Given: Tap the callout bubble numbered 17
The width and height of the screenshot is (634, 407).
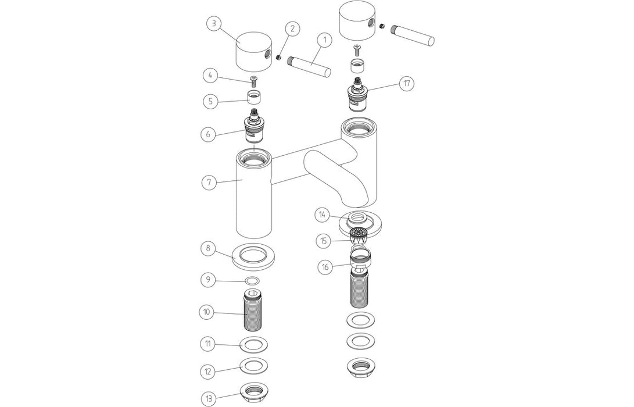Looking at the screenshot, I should click(406, 84).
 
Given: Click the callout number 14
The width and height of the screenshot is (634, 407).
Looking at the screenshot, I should click(324, 215).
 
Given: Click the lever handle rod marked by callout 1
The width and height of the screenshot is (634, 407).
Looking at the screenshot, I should click(310, 65).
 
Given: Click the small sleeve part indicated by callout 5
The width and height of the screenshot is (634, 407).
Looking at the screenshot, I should click(253, 97).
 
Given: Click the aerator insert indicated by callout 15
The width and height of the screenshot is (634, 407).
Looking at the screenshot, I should click(357, 235).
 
